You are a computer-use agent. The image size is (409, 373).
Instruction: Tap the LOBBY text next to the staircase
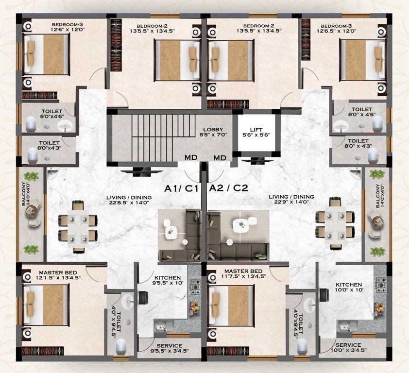coord(213,129)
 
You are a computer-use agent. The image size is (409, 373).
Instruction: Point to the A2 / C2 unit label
coord(228,188)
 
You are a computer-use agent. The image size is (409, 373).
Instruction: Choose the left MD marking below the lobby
coord(190,157)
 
